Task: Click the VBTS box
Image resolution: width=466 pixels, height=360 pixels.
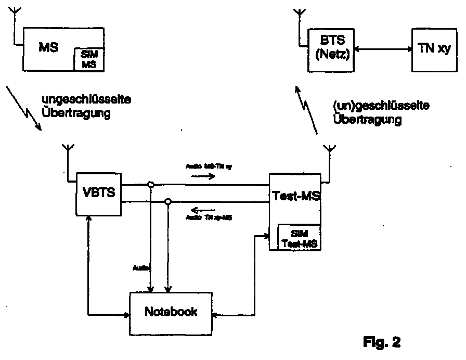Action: (98, 193)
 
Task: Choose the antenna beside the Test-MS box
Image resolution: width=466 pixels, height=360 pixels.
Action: (329, 152)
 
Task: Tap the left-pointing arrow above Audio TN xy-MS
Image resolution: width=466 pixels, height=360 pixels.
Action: (199, 211)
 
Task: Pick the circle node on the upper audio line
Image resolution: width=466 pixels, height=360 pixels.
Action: (150, 184)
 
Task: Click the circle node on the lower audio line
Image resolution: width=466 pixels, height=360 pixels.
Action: (168, 201)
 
